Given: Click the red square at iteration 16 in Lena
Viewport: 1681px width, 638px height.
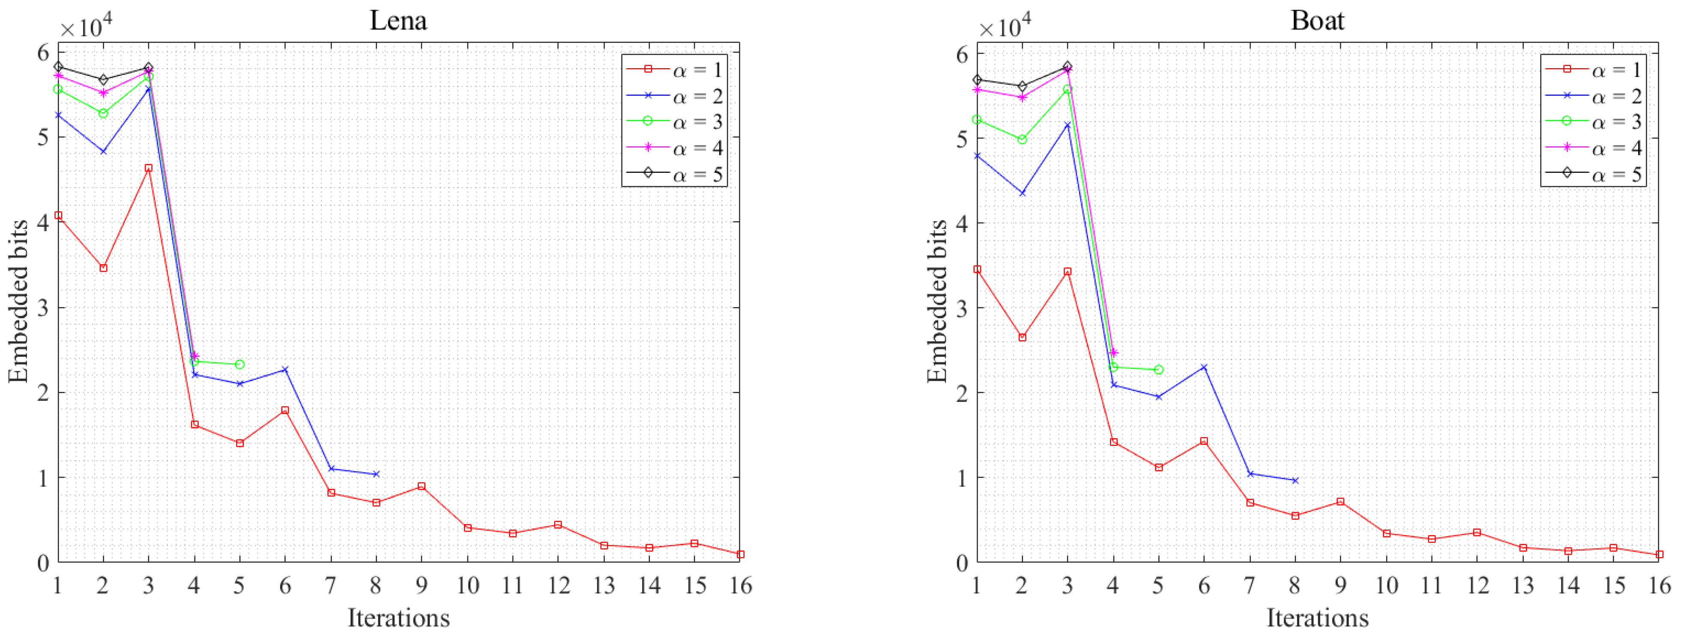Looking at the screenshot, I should pyautogui.click(x=740, y=554).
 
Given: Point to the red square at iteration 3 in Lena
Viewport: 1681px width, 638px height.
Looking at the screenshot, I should pyautogui.click(x=148, y=168).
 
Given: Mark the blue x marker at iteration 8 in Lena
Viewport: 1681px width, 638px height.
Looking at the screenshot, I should pyautogui.click(x=376, y=474).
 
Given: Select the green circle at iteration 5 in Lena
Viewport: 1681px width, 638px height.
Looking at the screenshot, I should pyautogui.click(x=239, y=364).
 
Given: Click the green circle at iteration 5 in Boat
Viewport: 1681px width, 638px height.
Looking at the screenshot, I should pyautogui.click(x=1158, y=370).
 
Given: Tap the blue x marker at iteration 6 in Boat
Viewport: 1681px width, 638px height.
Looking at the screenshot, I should pyautogui.click(x=1204, y=367).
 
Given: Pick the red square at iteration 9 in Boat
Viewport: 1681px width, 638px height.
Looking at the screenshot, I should pyautogui.click(x=1340, y=502).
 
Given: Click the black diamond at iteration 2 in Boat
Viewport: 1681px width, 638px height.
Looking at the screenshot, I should pyautogui.click(x=1022, y=86).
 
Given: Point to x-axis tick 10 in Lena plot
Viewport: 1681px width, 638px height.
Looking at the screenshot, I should pyautogui.click(x=467, y=585).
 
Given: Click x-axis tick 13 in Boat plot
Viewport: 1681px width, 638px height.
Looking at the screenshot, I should pyautogui.click(x=1522, y=585).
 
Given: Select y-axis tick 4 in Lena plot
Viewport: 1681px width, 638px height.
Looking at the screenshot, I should pyautogui.click(x=43, y=223).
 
